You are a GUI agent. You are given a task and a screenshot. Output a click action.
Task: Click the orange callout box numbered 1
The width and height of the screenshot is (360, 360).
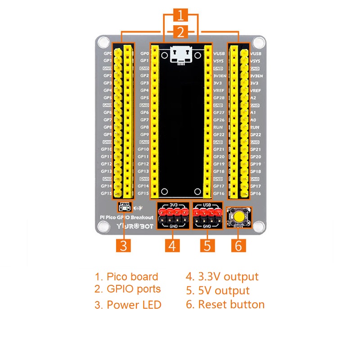click(x=180, y=16)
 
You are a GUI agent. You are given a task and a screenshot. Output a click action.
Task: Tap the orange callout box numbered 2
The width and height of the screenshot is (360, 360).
click(x=180, y=32)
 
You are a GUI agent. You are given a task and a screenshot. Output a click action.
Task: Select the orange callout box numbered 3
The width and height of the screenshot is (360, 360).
click(x=124, y=246)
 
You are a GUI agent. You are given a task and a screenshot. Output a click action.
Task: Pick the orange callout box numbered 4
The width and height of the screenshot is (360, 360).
click(x=172, y=246)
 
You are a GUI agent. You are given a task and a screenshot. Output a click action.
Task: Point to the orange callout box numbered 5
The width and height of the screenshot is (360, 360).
click(x=207, y=246)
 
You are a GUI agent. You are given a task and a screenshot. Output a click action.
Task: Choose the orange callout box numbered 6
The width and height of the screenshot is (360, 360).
click(x=239, y=246)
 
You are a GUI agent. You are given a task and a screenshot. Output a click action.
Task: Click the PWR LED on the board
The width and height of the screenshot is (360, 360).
click(x=125, y=207)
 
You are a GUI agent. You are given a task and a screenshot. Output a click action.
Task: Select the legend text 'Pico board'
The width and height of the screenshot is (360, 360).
click(x=126, y=277)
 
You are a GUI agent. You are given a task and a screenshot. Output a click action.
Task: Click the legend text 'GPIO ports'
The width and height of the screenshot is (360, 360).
click(x=128, y=289)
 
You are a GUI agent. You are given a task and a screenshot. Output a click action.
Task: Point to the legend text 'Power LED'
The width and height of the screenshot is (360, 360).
click(x=128, y=305)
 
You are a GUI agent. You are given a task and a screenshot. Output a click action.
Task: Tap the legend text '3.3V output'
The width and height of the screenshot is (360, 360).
click(x=222, y=277)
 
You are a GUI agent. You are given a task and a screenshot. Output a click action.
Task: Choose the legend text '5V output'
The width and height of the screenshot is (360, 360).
click(x=217, y=291)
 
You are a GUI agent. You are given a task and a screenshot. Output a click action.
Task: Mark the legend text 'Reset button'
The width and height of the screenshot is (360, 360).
click(x=225, y=305)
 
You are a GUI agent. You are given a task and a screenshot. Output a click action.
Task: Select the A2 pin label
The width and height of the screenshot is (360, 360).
click(x=253, y=98)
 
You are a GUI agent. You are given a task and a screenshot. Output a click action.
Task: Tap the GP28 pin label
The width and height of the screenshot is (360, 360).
click(x=219, y=98)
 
